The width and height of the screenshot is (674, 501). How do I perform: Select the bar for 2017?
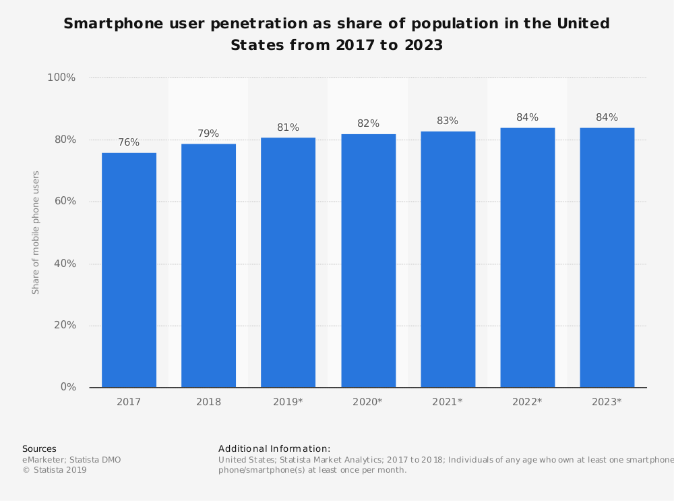129,270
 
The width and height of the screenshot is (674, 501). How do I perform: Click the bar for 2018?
208,266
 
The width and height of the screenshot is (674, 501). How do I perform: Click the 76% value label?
129,142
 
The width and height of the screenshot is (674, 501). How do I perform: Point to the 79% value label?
208,134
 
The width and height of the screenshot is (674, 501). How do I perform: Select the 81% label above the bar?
288,127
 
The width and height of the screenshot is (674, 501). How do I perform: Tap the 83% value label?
448,121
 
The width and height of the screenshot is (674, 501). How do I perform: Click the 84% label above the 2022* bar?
527,117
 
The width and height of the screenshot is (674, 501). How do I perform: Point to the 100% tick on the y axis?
61,78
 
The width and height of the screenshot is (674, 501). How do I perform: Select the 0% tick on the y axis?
68,387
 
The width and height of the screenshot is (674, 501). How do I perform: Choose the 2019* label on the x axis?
288,402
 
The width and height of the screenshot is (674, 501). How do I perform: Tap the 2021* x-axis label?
448,402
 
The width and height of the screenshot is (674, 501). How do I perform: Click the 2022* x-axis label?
527,402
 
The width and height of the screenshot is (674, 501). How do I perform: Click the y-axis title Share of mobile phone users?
36,233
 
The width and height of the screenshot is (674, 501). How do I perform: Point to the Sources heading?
39,448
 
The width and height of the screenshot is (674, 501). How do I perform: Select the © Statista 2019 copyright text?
55,470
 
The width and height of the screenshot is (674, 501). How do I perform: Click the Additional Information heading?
274,448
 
